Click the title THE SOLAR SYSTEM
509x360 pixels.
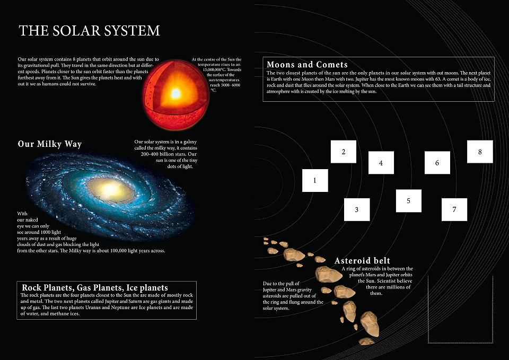(x=89, y=31)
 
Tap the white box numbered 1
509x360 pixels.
(x=315, y=180)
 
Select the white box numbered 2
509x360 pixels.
(x=344, y=152)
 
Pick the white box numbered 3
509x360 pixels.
(x=357, y=209)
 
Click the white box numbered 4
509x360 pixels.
(x=381, y=163)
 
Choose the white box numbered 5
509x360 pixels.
(x=409, y=201)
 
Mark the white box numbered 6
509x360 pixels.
(x=437, y=163)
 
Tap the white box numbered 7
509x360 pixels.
(x=454, y=209)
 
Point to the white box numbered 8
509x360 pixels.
(x=480, y=152)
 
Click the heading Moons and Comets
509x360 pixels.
(x=307, y=64)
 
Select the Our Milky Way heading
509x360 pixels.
(x=50, y=144)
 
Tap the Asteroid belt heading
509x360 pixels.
(x=362, y=261)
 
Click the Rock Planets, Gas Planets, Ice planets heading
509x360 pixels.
(x=95, y=287)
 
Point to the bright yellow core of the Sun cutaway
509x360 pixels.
(x=175, y=93)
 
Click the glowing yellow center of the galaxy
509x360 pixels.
(x=110, y=189)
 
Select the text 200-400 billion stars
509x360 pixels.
(x=169, y=154)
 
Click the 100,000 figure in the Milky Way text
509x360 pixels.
(x=118, y=251)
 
